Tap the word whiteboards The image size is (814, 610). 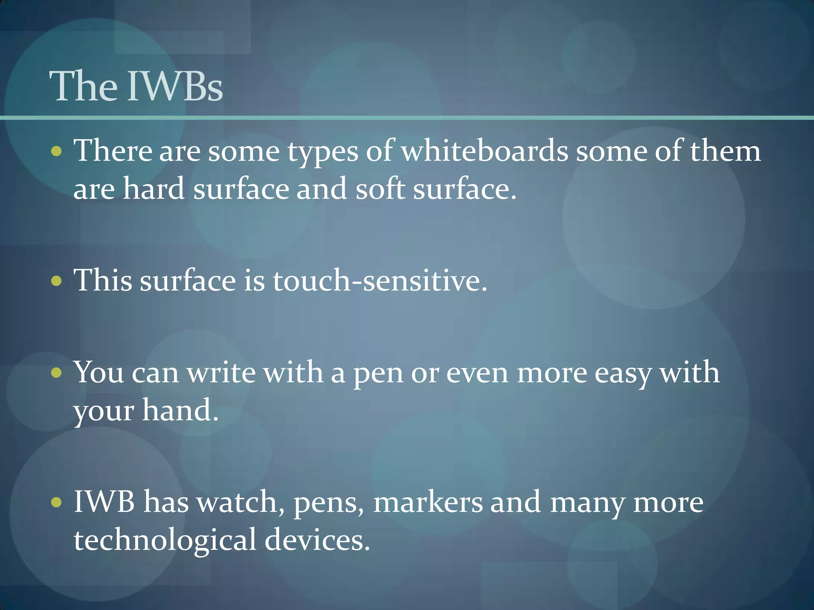coord(485,151)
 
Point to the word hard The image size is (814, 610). coord(153,189)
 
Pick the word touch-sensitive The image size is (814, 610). coord(380,280)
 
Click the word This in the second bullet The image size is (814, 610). coord(103,280)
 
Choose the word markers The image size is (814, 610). coord(428,502)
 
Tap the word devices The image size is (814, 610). coord(317,540)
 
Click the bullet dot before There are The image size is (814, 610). coord(57,151)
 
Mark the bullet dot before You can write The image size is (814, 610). coord(57,373)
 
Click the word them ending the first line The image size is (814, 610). coord(725,151)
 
